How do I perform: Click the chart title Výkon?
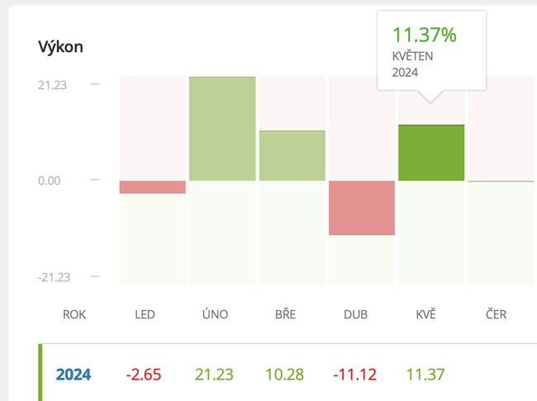[x=60, y=47]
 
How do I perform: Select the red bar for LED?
[x=153, y=187]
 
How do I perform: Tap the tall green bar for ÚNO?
[x=222, y=129]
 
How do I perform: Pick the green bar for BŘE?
[x=292, y=156]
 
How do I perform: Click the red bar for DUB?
[x=361, y=208]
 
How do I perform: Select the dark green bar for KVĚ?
[x=431, y=153]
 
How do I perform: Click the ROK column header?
[x=74, y=314]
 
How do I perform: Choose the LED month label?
[x=145, y=314]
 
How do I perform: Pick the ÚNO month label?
[x=215, y=314]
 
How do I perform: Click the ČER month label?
[x=496, y=314]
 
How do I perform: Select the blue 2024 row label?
[x=74, y=375]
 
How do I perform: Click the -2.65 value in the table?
[x=145, y=375]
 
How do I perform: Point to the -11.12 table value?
[x=355, y=375]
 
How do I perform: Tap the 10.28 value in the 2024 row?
[x=285, y=375]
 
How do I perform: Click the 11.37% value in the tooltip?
[x=424, y=35]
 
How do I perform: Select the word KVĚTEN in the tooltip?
[x=412, y=56]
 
